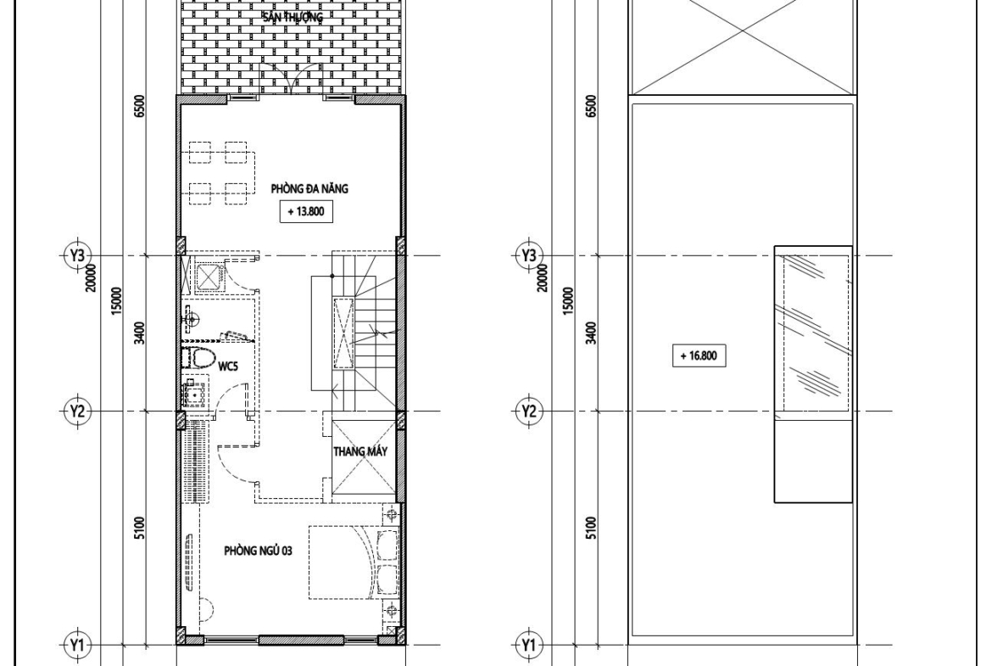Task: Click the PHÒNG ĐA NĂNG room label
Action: pyautogui.click(x=309, y=188)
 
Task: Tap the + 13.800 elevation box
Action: pyautogui.click(x=306, y=211)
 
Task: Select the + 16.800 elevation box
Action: pyautogui.click(x=699, y=355)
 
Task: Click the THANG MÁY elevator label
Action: pyautogui.click(x=360, y=452)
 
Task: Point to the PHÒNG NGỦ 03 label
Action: pyautogui.click(x=258, y=551)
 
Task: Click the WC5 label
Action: pyautogui.click(x=228, y=367)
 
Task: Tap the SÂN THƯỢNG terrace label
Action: pyautogui.click(x=293, y=17)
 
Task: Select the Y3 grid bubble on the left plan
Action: pyautogui.click(x=77, y=255)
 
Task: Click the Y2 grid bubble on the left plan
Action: pyautogui.click(x=77, y=412)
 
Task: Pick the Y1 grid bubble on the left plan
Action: pyautogui.click(x=77, y=645)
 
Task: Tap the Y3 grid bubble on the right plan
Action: pyautogui.click(x=529, y=255)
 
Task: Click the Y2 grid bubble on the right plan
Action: pyautogui.click(x=529, y=412)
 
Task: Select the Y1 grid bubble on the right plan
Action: pyautogui.click(x=529, y=645)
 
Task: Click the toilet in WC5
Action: pyautogui.click(x=198, y=358)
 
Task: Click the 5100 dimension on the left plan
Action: pyautogui.click(x=140, y=528)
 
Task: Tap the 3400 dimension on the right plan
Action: pyautogui.click(x=591, y=333)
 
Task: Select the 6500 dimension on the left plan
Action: pyautogui.click(x=140, y=106)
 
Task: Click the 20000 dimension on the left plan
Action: pyautogui.click(x=92, y=278)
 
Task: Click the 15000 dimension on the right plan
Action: pyautogui.click(x=567, y=301)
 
